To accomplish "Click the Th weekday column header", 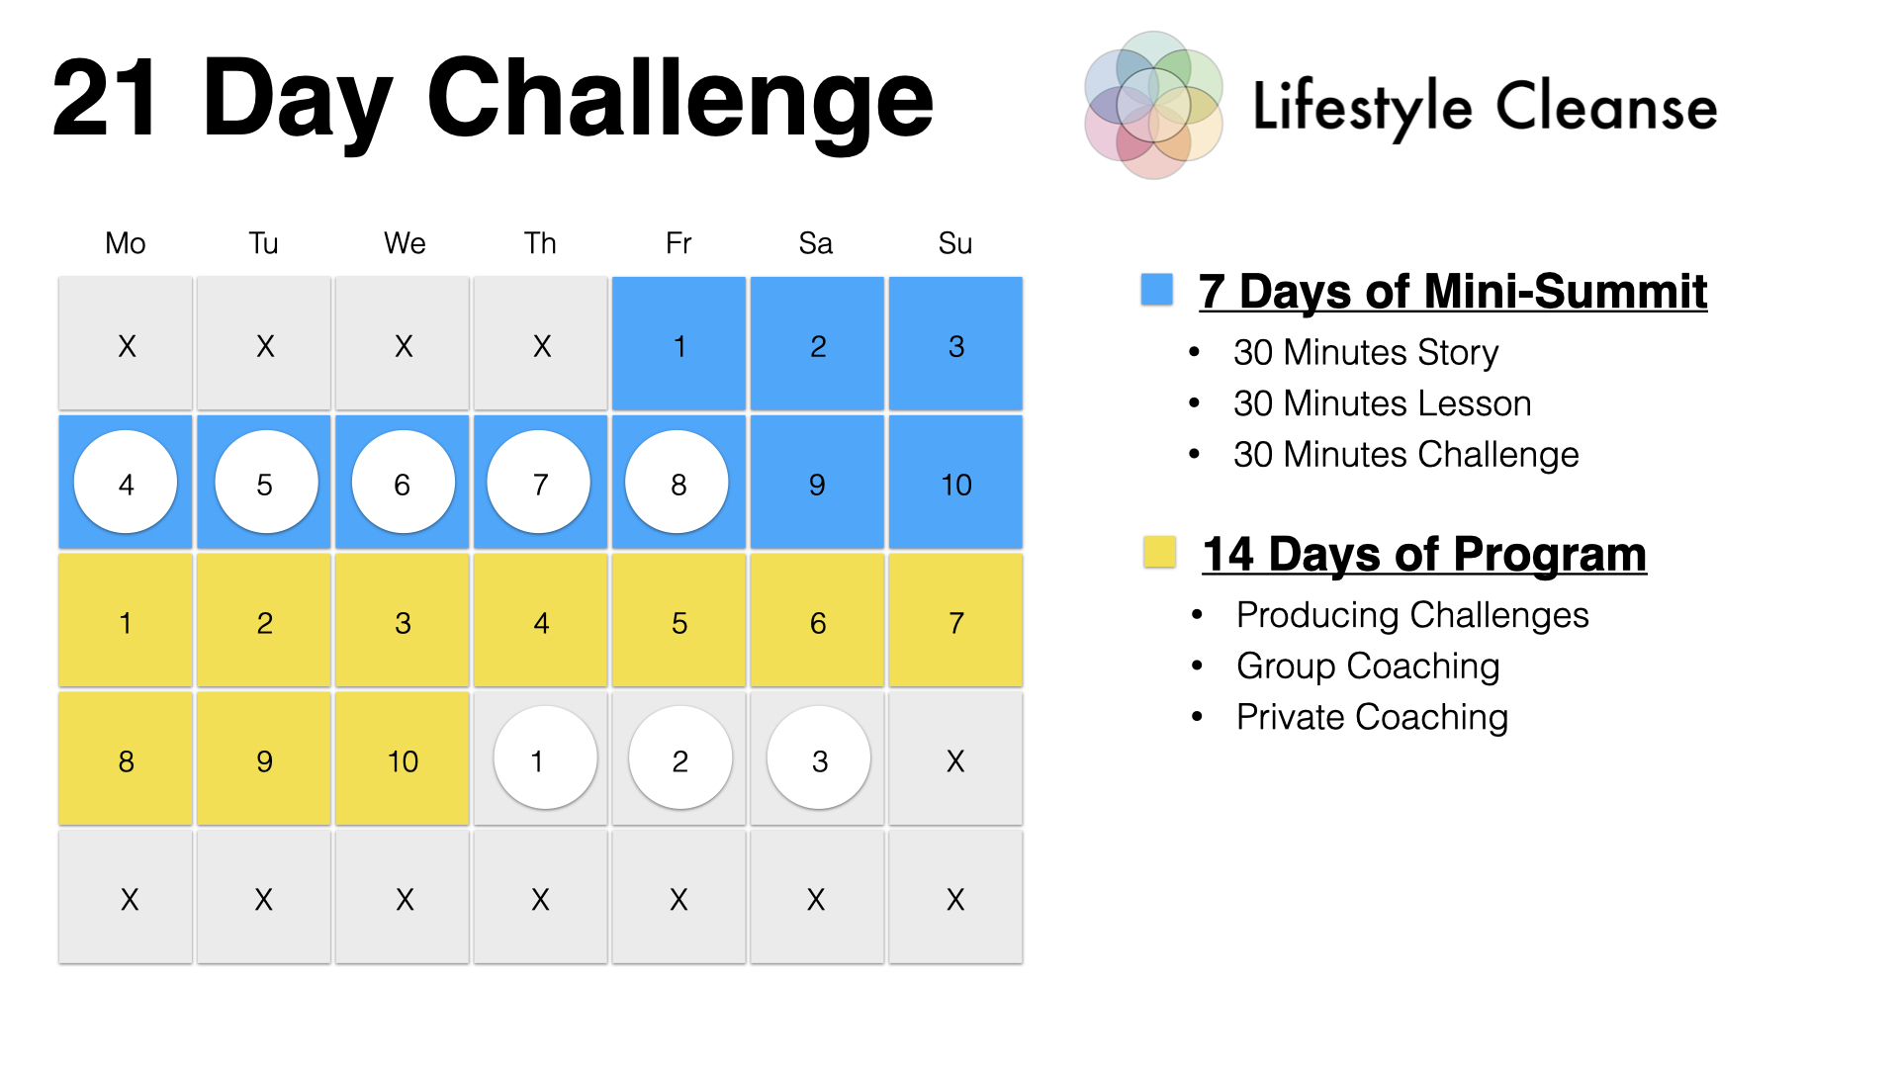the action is (540, 243).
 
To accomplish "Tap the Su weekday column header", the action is (955, 243).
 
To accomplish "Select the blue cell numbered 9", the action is (817, 482).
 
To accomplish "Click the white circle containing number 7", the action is (539, 482).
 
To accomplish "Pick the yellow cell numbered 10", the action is (403, 758).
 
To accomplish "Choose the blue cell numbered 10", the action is (955, 482).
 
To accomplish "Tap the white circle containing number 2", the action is (680, 758).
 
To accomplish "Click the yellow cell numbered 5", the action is (678, 620).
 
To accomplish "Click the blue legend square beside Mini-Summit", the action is (1156, 289).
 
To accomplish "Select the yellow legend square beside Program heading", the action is (1159, 552).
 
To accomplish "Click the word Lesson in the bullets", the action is (1475, 403).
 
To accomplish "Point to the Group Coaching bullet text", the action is (1368, 667).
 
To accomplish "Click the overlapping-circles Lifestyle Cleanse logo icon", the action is (1153, 105).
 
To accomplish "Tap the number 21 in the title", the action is (105, 99).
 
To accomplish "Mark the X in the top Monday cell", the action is (127, 346).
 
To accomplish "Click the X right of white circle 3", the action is (955, 760).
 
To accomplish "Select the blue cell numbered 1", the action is (678, 343).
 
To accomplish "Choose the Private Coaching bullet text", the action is (1372, 717).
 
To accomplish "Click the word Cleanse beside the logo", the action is (1606, 106).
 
